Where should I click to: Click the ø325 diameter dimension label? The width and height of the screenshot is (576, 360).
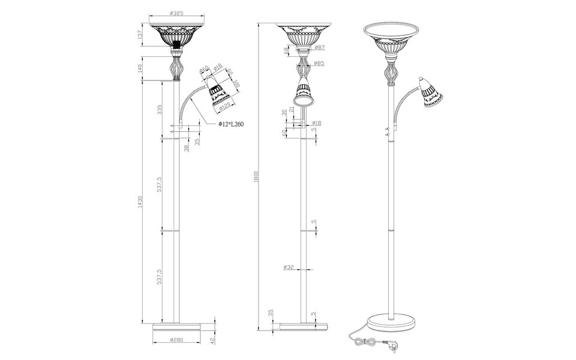[176, 13]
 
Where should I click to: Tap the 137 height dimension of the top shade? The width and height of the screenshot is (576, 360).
[140, 37]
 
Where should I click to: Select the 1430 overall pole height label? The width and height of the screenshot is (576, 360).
[140, 203]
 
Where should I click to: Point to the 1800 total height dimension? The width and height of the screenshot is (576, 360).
[256, 176]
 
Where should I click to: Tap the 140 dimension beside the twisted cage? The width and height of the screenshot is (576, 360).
[140, 68]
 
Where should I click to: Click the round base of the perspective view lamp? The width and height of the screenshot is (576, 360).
[391, 322]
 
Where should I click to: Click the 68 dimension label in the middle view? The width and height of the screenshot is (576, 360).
[286, 50]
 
